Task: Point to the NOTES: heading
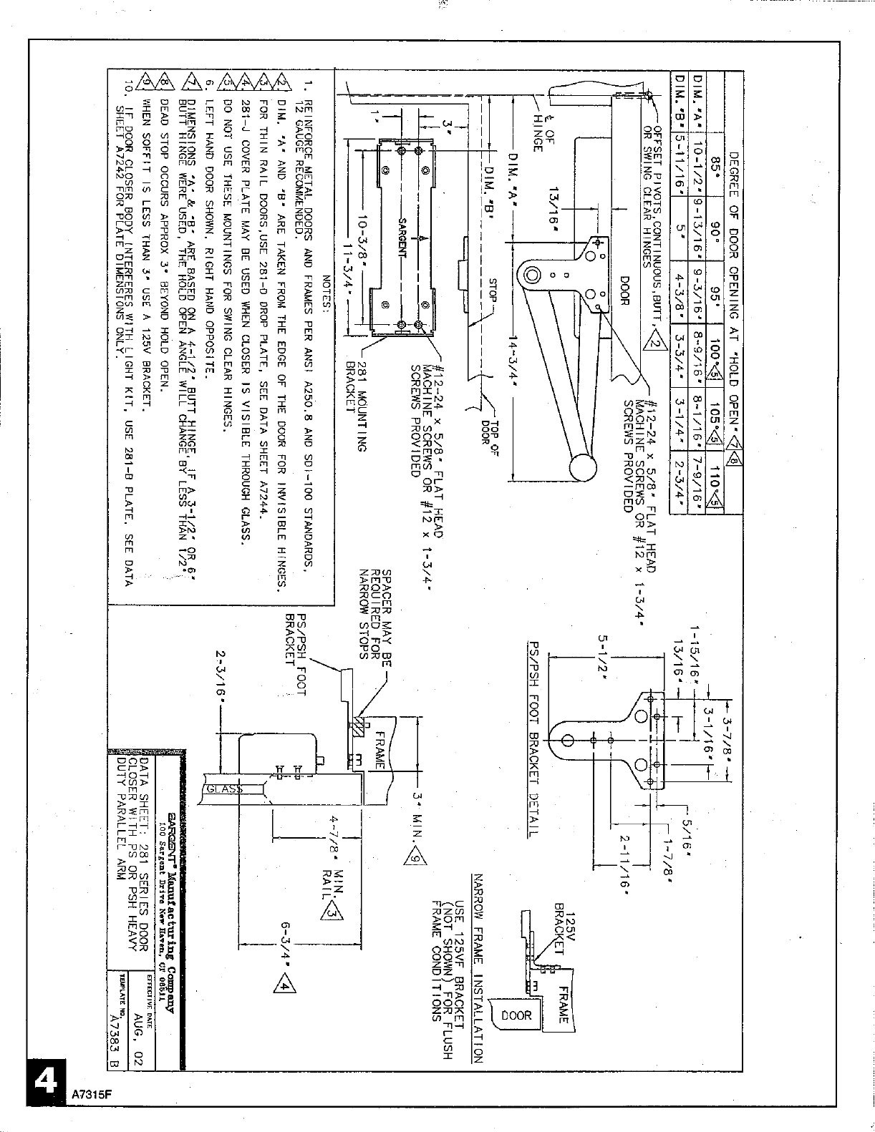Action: pyautogui.click(x=327, y=294)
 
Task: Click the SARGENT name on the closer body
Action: pyautogui.click(x=402, y=235)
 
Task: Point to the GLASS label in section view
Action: pyautogui.click(x=225, y=789)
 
